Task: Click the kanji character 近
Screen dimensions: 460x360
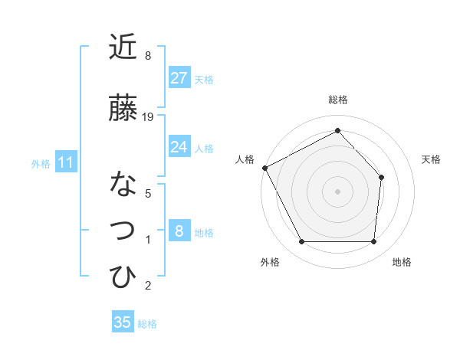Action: click(x=123, y=48)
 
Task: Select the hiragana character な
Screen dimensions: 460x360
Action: click(x=123, y=184)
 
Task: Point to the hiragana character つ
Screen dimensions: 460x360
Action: click(x=123, y=230)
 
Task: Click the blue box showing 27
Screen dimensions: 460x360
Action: click(x=179, y=78)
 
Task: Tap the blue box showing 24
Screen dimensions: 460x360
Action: click(x=179, y=147)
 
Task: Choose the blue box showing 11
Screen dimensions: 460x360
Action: click(x=65, y=162)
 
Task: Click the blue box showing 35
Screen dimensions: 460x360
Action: click(x=123, y=322)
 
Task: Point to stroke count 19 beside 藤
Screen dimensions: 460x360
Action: click(x=148, y=116)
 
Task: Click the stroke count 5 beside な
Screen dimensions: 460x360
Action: click(x=148, y=193)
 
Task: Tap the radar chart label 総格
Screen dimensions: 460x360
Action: click(x=337, y=100)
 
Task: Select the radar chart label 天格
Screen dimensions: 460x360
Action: click(x=432, y=159)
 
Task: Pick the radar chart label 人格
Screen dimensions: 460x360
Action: click(x=245, y=159)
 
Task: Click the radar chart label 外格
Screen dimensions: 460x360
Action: click(x=270, y=262)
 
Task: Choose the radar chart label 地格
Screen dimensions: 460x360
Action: click(x=402, y=262)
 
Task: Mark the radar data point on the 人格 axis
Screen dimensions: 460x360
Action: click(x=264, y=168)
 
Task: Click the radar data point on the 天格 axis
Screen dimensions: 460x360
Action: click(x=382, y=177)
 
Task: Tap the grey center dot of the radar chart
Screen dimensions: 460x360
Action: click(x=337, y=191)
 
